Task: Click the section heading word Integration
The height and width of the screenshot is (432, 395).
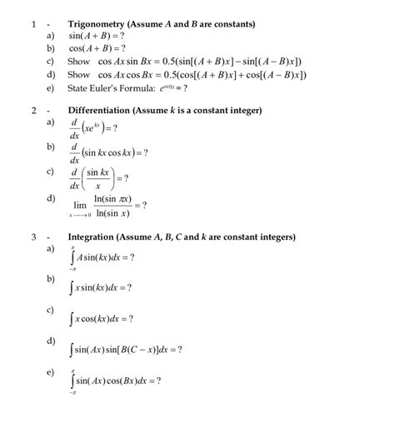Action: click(94, 236)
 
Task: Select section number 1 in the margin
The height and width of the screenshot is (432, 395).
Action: click(32, 24)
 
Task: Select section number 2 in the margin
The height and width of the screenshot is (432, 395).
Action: click(32, 110)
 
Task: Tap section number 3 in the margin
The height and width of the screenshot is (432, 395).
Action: click(32, 236)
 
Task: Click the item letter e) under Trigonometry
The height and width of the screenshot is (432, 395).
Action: click(50, 87)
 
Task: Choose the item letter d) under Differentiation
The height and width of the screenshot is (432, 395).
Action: click(50, 198)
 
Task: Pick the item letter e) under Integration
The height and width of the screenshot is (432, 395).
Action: click(50, 371)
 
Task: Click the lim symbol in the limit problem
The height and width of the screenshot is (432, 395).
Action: click(80, 205)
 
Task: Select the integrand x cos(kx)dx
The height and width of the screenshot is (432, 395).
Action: click(103, 319)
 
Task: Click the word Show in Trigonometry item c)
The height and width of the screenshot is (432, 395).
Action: click(77, 62)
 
